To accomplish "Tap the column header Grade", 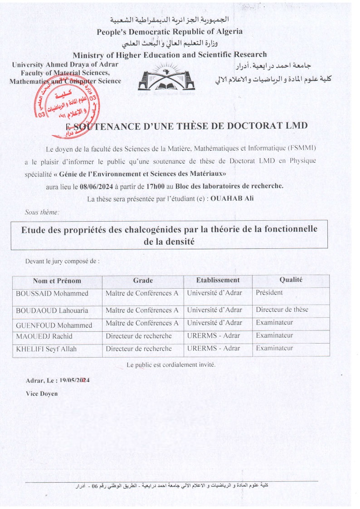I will (143, 281).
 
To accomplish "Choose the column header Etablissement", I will (218, 281).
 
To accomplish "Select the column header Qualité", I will (291, 281).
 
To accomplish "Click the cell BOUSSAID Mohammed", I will (52, 293).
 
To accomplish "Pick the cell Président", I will (269, 293).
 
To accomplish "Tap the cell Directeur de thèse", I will (282, 310).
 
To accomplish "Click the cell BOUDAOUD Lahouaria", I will (52, 310).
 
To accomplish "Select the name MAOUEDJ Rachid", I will (44, 336).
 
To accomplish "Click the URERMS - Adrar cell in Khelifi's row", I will (214, 349).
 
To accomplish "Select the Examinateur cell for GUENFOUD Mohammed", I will (274, 323).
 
